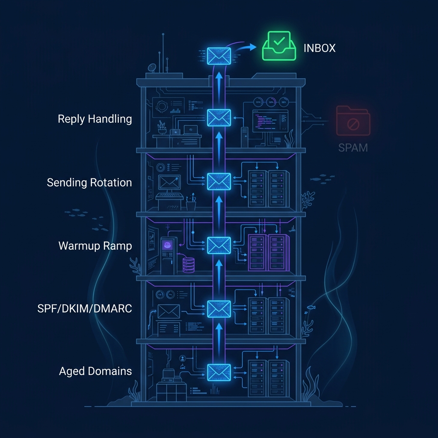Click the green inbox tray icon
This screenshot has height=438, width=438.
(x=279, y=47)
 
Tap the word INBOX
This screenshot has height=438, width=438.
(x=319, y=48)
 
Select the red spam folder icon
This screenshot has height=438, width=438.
(x=353, y=121)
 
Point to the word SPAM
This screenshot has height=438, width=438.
(x=353, y=148)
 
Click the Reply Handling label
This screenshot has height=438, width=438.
(x=95, y=118)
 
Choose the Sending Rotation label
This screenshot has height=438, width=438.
(x=89, y=183)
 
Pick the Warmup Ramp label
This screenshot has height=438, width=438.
(x=95, y=246)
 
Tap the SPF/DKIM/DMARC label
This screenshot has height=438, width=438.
(x=85, y=308)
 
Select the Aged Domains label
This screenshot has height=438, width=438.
(x=95, y=371)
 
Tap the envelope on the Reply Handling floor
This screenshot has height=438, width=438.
(x=219, y=118)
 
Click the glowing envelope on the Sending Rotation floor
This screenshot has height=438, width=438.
(x=219, y=181)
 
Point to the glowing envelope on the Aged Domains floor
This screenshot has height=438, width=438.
(x=219, y=372)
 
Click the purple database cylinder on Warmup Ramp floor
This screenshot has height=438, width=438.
(x=189, y=265)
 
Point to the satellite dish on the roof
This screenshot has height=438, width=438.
(x=152, y=68)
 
